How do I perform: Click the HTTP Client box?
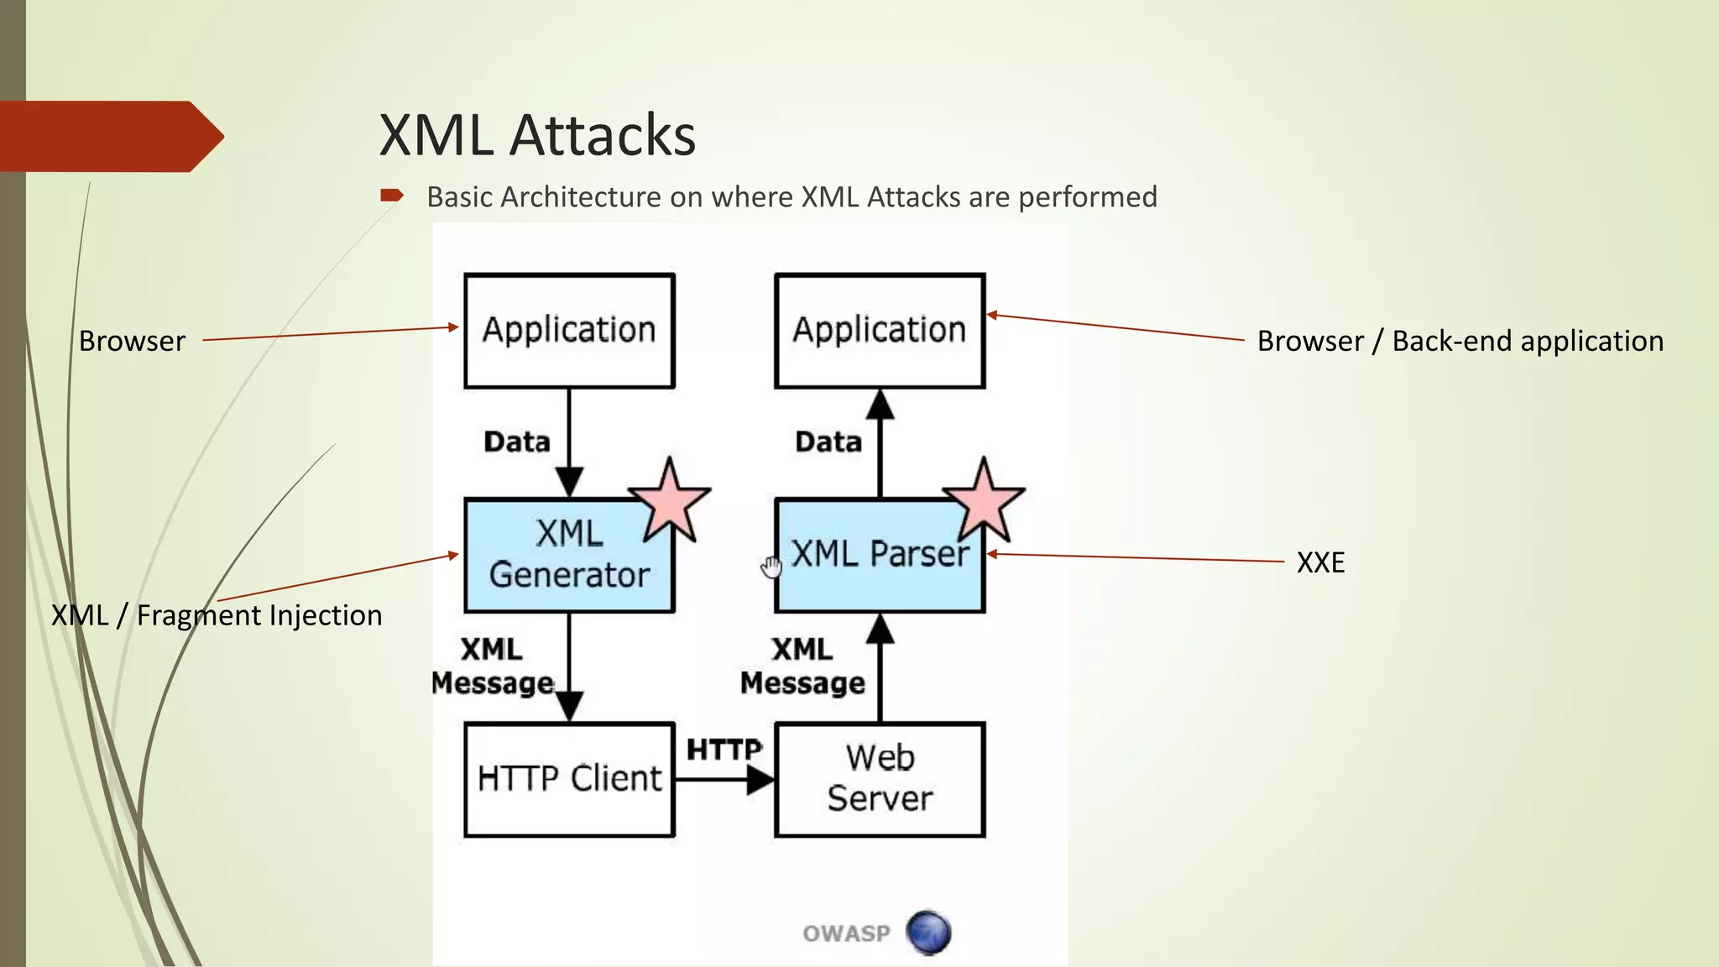click(x=569, y=779)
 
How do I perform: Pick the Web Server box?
click(x=879, y=779)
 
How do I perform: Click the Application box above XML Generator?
click(x=569, y=330)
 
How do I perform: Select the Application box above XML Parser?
click(x=879, y=330)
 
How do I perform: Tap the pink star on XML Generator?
click(x=670, y=502)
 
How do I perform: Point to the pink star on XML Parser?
click(x=983, y=502)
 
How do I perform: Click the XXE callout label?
click(x=1320, y=562)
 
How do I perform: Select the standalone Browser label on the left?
click(x=132, y=342)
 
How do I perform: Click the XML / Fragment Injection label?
click(x=217, y=615)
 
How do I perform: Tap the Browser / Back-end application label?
click(x=1460, y=342)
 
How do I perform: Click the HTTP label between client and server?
click(x=724, y=749)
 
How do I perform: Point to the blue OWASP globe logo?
click(x=928, y=933)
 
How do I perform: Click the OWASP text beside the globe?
click(x=846, y=933)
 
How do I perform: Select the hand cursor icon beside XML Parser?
click(x=771, y=567)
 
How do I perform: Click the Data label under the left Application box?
click(x=517, y=442)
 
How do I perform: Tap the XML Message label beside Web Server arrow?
click(x=802, y=666)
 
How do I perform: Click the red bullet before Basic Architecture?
click(x=391, y=196)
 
